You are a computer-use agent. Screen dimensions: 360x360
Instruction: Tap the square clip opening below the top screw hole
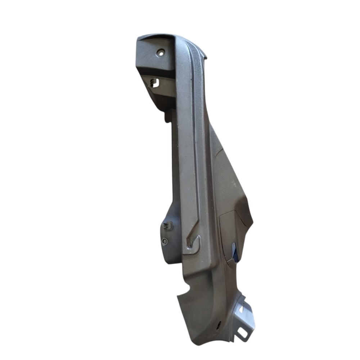click(154, 83)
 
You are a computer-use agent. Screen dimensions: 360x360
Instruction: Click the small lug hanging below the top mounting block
click(167, 116)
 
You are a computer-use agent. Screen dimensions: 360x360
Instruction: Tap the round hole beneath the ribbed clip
click(165, 241)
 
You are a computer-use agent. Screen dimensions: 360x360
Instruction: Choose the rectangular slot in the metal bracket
click(243, 333)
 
